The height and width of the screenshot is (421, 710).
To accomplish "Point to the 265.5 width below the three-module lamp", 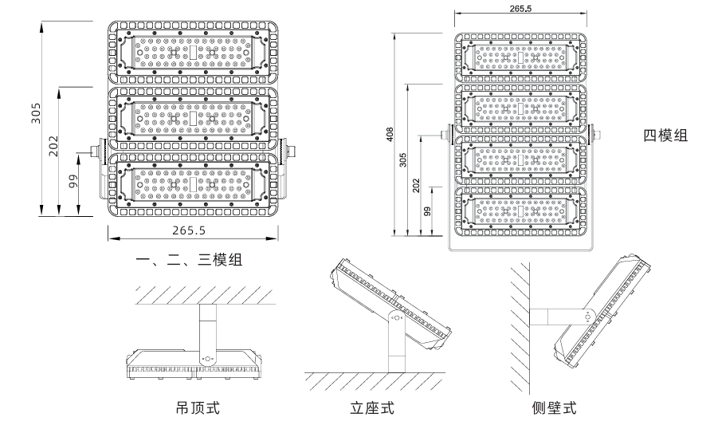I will tap(190, 230).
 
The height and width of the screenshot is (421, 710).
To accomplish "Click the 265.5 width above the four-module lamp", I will tap(520, 7).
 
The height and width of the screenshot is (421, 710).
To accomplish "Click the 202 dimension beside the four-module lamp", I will tap(416, 185).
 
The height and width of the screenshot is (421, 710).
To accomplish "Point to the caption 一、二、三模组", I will tap(189, 260).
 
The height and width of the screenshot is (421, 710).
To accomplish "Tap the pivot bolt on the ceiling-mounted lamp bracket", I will tap(208, 359).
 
